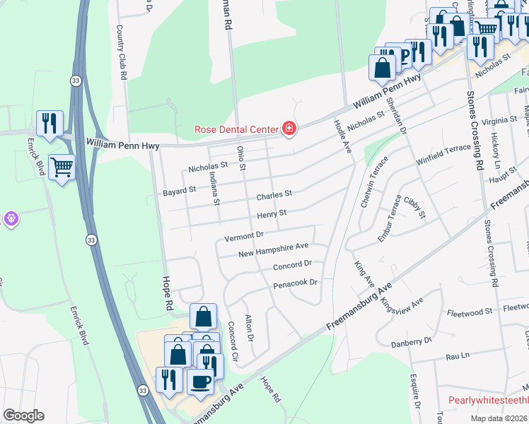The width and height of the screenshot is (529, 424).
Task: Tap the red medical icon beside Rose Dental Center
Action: [289, 128]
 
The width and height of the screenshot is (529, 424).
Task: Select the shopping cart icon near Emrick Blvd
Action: [62, 167]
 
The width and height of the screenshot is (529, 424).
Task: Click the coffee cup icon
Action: [200, 382]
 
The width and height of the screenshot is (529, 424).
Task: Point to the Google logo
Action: [23, 416]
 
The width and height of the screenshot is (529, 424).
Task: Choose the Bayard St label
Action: [180, 190]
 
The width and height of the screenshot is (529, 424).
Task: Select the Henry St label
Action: [272, 213]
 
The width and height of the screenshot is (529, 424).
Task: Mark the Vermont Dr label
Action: [244, 235]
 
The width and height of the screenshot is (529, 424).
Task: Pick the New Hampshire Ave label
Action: [274, 249]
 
